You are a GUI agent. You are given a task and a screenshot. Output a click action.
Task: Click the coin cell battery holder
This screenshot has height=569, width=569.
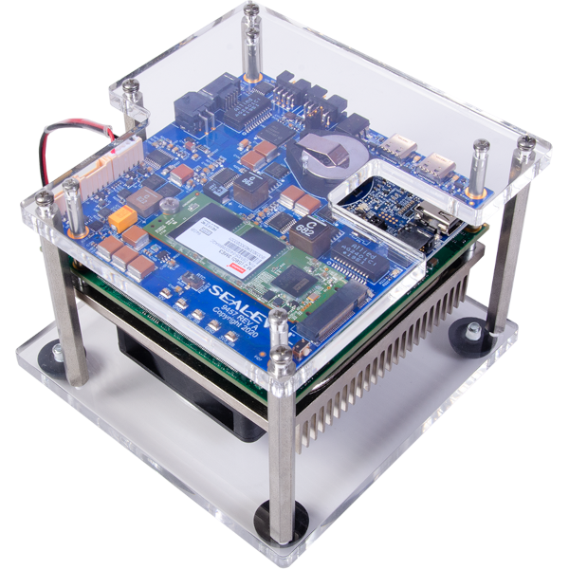(x=323, y=153)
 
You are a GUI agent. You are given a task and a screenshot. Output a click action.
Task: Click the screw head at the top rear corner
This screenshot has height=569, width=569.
(x=250, y=11)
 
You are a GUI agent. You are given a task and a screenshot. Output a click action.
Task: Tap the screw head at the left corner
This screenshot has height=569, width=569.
(x=44, y=197)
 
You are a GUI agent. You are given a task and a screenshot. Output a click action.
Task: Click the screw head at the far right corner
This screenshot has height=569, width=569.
(x=524, y=142)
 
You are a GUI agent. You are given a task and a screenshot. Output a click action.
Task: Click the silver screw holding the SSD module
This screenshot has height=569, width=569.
(x=168, y=206)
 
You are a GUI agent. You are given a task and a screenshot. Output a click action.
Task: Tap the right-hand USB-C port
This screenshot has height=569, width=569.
(x=440, y=160)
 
